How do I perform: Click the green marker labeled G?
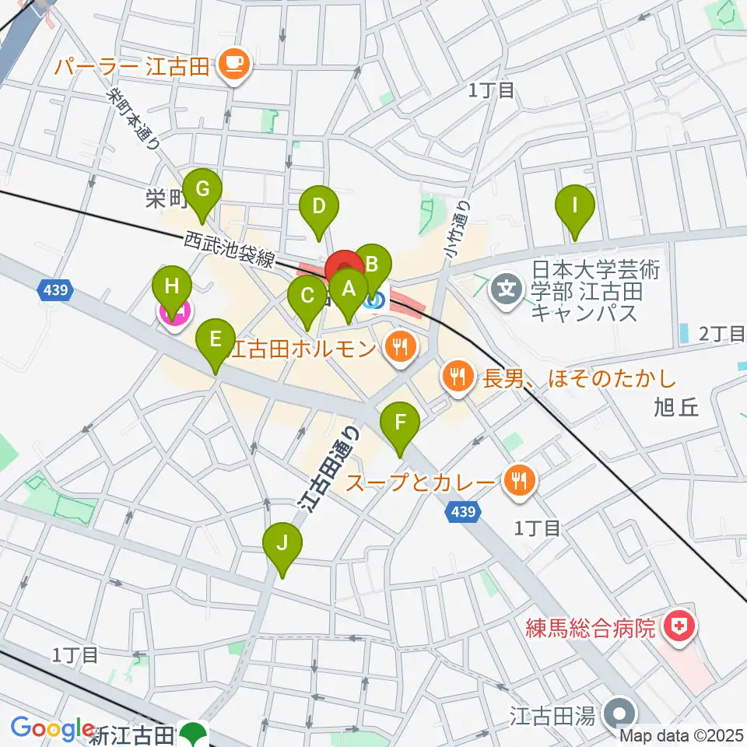[x=202, y=189]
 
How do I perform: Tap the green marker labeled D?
[x=318, y=207]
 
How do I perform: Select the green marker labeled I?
[x=575, y=206]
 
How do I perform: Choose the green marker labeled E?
[x=216, y=339]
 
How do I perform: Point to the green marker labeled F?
[x=401, y=423]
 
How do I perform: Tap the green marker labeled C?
[x=307, y=296]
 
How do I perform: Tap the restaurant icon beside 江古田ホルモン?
[x=400, y=347]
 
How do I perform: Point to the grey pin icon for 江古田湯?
[x=620, y=713]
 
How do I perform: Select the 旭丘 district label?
[x=677, y=407]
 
